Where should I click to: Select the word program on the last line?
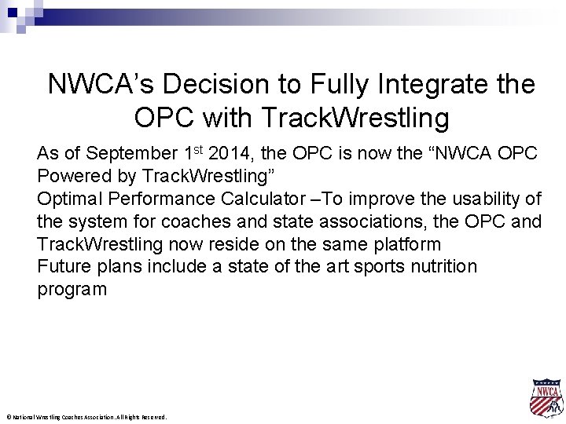coord(72,290)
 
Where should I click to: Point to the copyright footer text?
coord(86,417)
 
